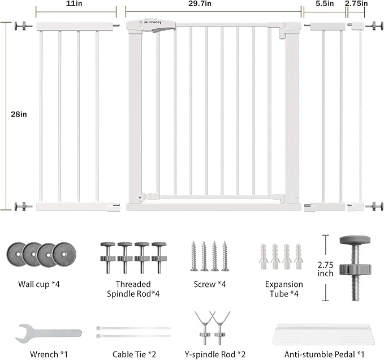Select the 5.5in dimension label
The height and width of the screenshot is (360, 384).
click(326, 3)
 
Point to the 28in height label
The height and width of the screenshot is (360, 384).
click(19, 114)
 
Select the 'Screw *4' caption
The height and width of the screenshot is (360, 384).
click(209, 284)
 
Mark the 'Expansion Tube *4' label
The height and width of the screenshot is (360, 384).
click(284, 289)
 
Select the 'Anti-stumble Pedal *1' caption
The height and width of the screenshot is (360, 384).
click(324, 354)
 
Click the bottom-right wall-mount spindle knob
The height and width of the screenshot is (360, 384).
click(375, 206)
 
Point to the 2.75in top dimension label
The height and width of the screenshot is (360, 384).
click(356, 3)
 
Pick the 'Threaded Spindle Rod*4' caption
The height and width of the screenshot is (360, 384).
click(133, 289)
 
